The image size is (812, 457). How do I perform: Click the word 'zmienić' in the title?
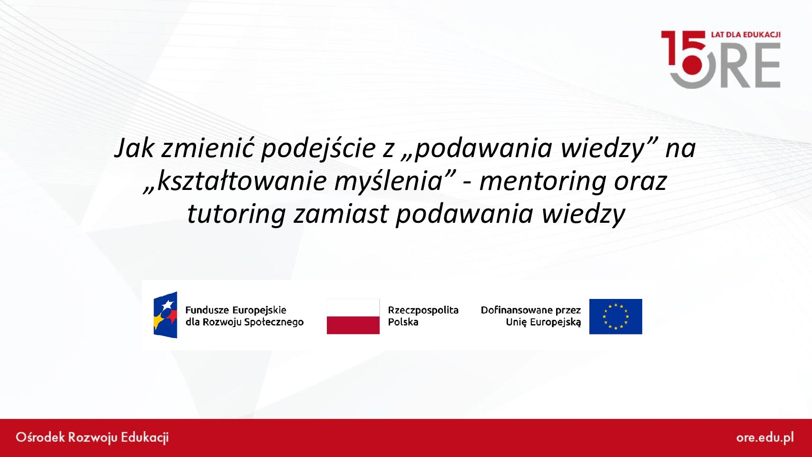207,149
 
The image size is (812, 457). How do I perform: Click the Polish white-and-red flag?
353,316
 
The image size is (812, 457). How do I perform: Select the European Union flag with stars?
616,316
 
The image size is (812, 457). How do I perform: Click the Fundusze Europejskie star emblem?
165,315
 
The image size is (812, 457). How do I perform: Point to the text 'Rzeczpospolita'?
423,310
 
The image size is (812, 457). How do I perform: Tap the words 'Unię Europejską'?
543,322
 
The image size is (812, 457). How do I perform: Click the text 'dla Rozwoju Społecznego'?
245,322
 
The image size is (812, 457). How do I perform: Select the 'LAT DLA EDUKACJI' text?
746,35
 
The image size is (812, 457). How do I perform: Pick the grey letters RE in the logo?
750,66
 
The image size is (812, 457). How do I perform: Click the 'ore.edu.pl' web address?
765,437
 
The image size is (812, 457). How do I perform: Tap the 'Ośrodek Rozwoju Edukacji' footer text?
92,437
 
